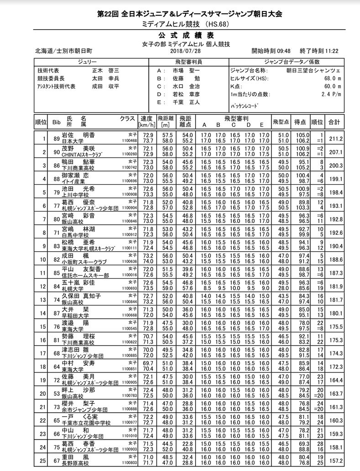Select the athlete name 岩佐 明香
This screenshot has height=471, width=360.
[78, 135]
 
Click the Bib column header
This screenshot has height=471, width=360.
[57, 122]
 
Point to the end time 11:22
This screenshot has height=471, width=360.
[329, 51]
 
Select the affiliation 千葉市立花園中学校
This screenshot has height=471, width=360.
[86, 423]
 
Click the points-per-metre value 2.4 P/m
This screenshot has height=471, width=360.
[329, 94]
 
